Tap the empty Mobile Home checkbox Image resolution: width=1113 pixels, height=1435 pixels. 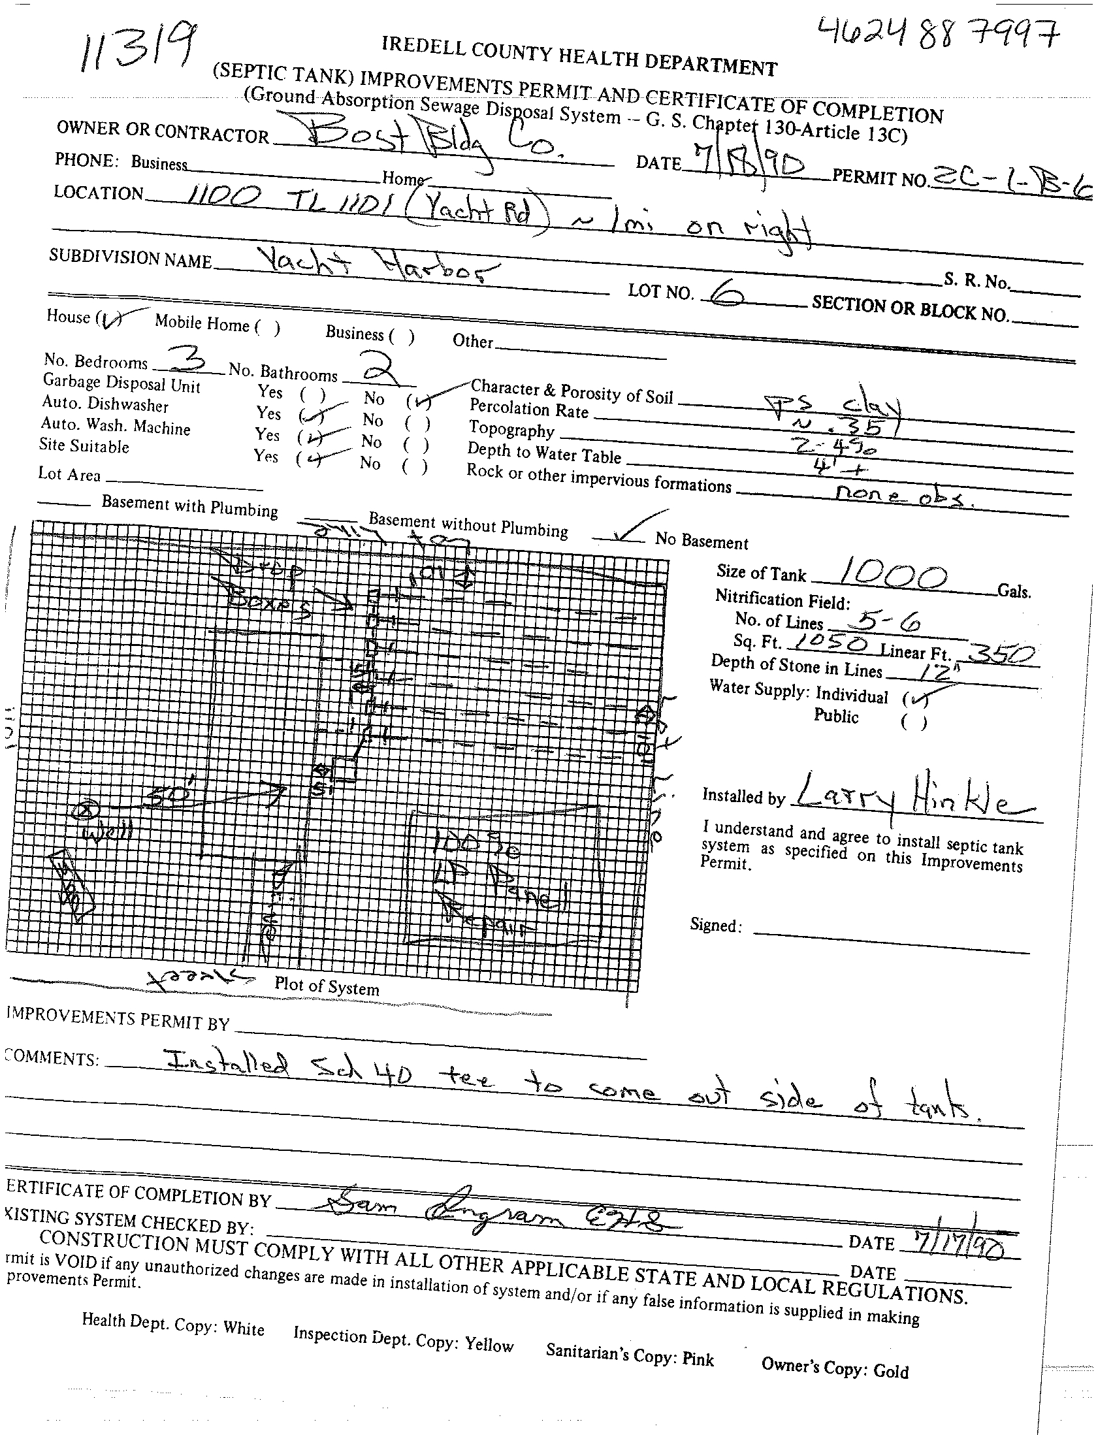tap(267, 328)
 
